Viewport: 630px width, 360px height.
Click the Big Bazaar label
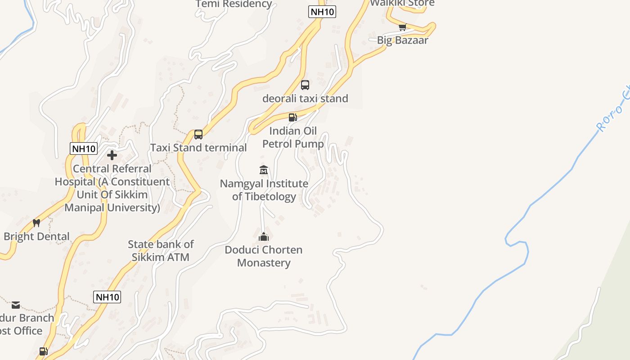402,40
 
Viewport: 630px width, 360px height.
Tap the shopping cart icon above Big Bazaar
402,27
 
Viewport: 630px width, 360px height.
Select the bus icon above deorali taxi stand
305,85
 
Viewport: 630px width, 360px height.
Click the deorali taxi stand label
305,99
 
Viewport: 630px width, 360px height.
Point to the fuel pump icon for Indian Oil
292,117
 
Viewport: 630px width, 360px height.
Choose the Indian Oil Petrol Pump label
293,137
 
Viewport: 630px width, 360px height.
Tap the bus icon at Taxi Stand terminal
198,134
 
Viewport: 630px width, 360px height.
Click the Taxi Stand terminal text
198,148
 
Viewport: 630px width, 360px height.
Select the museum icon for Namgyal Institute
264,170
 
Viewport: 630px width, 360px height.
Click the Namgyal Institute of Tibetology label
264,190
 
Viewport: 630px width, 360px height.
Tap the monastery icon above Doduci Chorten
264,237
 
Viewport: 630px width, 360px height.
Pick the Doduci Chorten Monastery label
264,256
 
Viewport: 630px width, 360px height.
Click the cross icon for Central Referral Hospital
112,155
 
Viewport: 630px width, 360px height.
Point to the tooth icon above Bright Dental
36,223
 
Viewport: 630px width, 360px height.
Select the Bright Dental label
36,236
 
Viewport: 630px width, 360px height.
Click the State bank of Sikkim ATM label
161,251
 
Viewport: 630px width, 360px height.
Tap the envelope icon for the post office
16,305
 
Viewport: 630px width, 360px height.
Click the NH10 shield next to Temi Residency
322,12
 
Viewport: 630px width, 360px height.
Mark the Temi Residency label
234,4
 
